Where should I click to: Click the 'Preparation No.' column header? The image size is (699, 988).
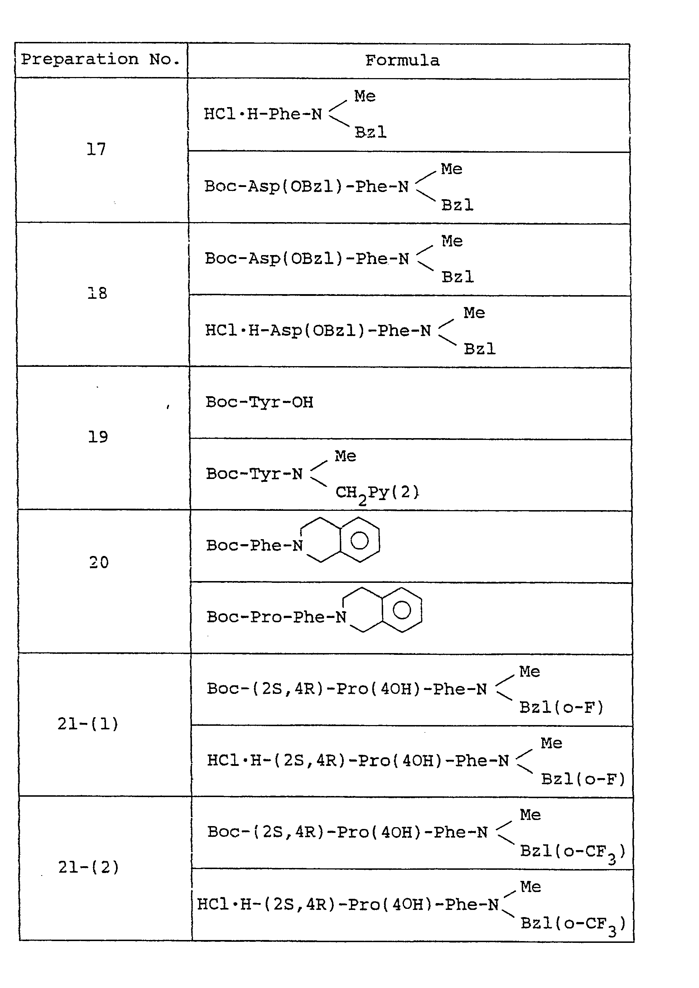[100, 59]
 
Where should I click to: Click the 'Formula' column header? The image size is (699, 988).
[402, 61]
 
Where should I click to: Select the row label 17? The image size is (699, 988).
[96, 149]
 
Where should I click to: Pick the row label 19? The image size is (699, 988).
[98, 437]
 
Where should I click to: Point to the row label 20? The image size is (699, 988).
[99, 562]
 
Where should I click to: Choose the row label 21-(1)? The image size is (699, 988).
[88, 724]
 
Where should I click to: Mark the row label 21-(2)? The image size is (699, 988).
[89, 867]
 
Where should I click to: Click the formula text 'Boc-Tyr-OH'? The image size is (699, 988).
[260, 402]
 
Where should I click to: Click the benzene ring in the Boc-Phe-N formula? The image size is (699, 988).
[360, 540]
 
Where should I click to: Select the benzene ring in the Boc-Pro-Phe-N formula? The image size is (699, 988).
[402, 610]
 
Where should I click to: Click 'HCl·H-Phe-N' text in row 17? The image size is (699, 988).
[263, 114]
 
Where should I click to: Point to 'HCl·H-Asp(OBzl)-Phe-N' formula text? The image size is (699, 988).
[318, 331]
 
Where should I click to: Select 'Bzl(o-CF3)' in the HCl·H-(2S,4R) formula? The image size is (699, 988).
[573, 924]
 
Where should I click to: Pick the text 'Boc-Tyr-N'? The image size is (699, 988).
[254, 474]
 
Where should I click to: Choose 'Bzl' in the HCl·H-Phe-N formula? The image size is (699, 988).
[371, 132]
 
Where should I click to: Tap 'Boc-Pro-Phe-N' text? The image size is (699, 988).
[277, 617]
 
